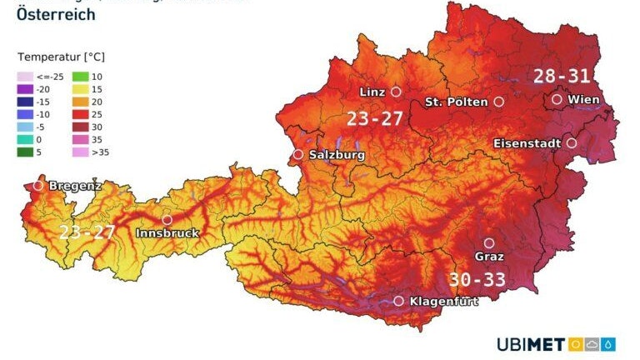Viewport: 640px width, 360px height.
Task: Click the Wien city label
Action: [x=583, y=99]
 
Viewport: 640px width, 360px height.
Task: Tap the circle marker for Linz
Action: [x=396, y=92]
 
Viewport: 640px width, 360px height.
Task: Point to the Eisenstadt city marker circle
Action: [x=572, y=143]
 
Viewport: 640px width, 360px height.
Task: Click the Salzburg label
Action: [x=337, y=155]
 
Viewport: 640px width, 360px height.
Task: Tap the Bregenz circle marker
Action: [x=37, y=186]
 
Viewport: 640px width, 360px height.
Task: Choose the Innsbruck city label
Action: [x=167, y=233]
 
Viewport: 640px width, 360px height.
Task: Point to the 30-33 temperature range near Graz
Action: [x=477, y=279]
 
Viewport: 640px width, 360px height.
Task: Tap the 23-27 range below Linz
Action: [x=375, y=119]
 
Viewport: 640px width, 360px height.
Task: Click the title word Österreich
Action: [x=56, y=14]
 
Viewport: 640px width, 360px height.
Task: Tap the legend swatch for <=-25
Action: [x=24, y=77]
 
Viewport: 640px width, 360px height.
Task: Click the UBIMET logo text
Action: [x=531, y=344]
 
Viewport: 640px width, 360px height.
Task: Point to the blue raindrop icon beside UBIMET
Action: [x=610, y=344]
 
